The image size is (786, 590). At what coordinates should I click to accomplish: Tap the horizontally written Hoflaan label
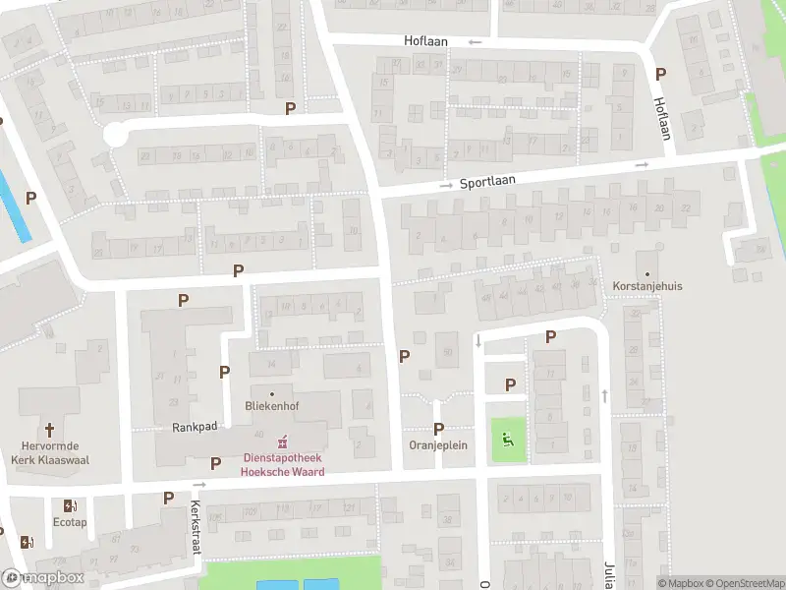[425, 41]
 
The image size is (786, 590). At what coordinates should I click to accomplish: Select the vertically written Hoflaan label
[664, 119]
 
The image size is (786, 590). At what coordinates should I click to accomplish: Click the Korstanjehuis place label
[646, 286]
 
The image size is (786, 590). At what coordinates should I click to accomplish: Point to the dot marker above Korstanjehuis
[646, 273]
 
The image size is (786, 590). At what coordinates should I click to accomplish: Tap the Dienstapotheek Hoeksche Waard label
[283, 464]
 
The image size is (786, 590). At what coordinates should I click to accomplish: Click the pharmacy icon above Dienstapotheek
[283, 440]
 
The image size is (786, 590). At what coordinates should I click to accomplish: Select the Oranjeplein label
[438, 444]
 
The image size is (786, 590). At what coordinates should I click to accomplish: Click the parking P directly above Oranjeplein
[438, 429]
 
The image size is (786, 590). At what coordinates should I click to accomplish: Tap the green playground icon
[508, 440]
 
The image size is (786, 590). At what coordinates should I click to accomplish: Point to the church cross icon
[49, 429]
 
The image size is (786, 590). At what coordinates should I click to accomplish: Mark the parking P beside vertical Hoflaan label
[660, 74]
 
